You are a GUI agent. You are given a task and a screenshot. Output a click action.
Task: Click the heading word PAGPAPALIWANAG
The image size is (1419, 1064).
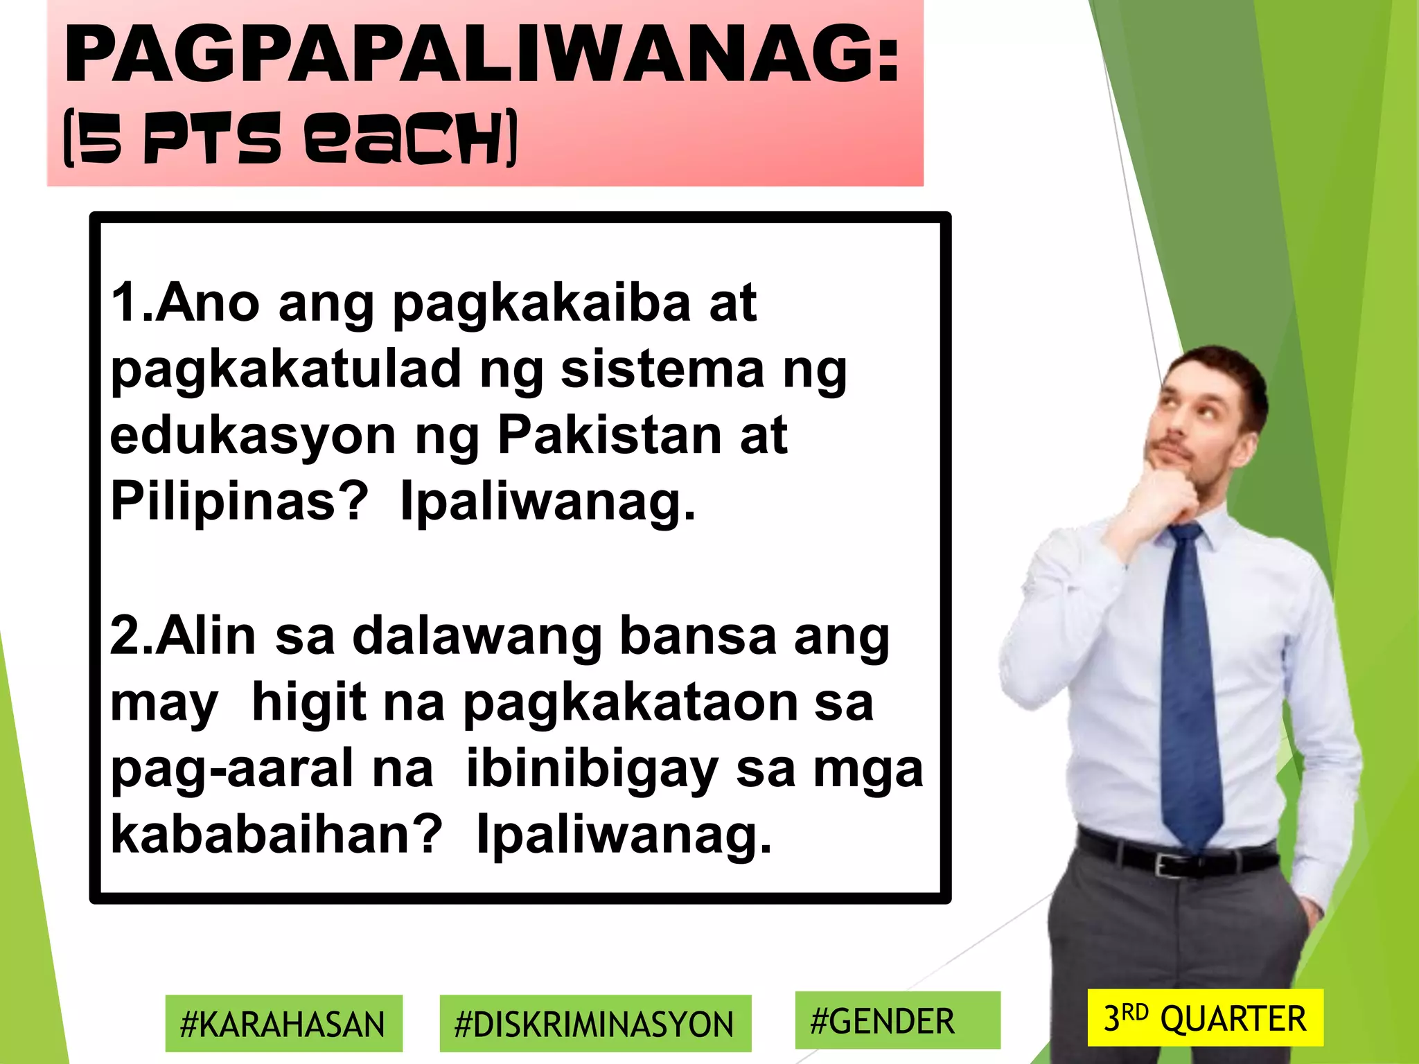[481, 55]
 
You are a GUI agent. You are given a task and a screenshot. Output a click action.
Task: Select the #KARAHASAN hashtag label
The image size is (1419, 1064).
[283, 1024]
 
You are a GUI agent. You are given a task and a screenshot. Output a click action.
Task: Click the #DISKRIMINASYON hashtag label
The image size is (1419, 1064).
[594, 1024]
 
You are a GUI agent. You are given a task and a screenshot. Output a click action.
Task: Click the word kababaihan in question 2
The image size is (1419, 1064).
[276, 834]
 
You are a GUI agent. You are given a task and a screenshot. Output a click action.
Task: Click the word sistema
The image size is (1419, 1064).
[662, 369]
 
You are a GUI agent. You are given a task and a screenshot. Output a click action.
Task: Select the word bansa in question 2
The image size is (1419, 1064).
[697, 636]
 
